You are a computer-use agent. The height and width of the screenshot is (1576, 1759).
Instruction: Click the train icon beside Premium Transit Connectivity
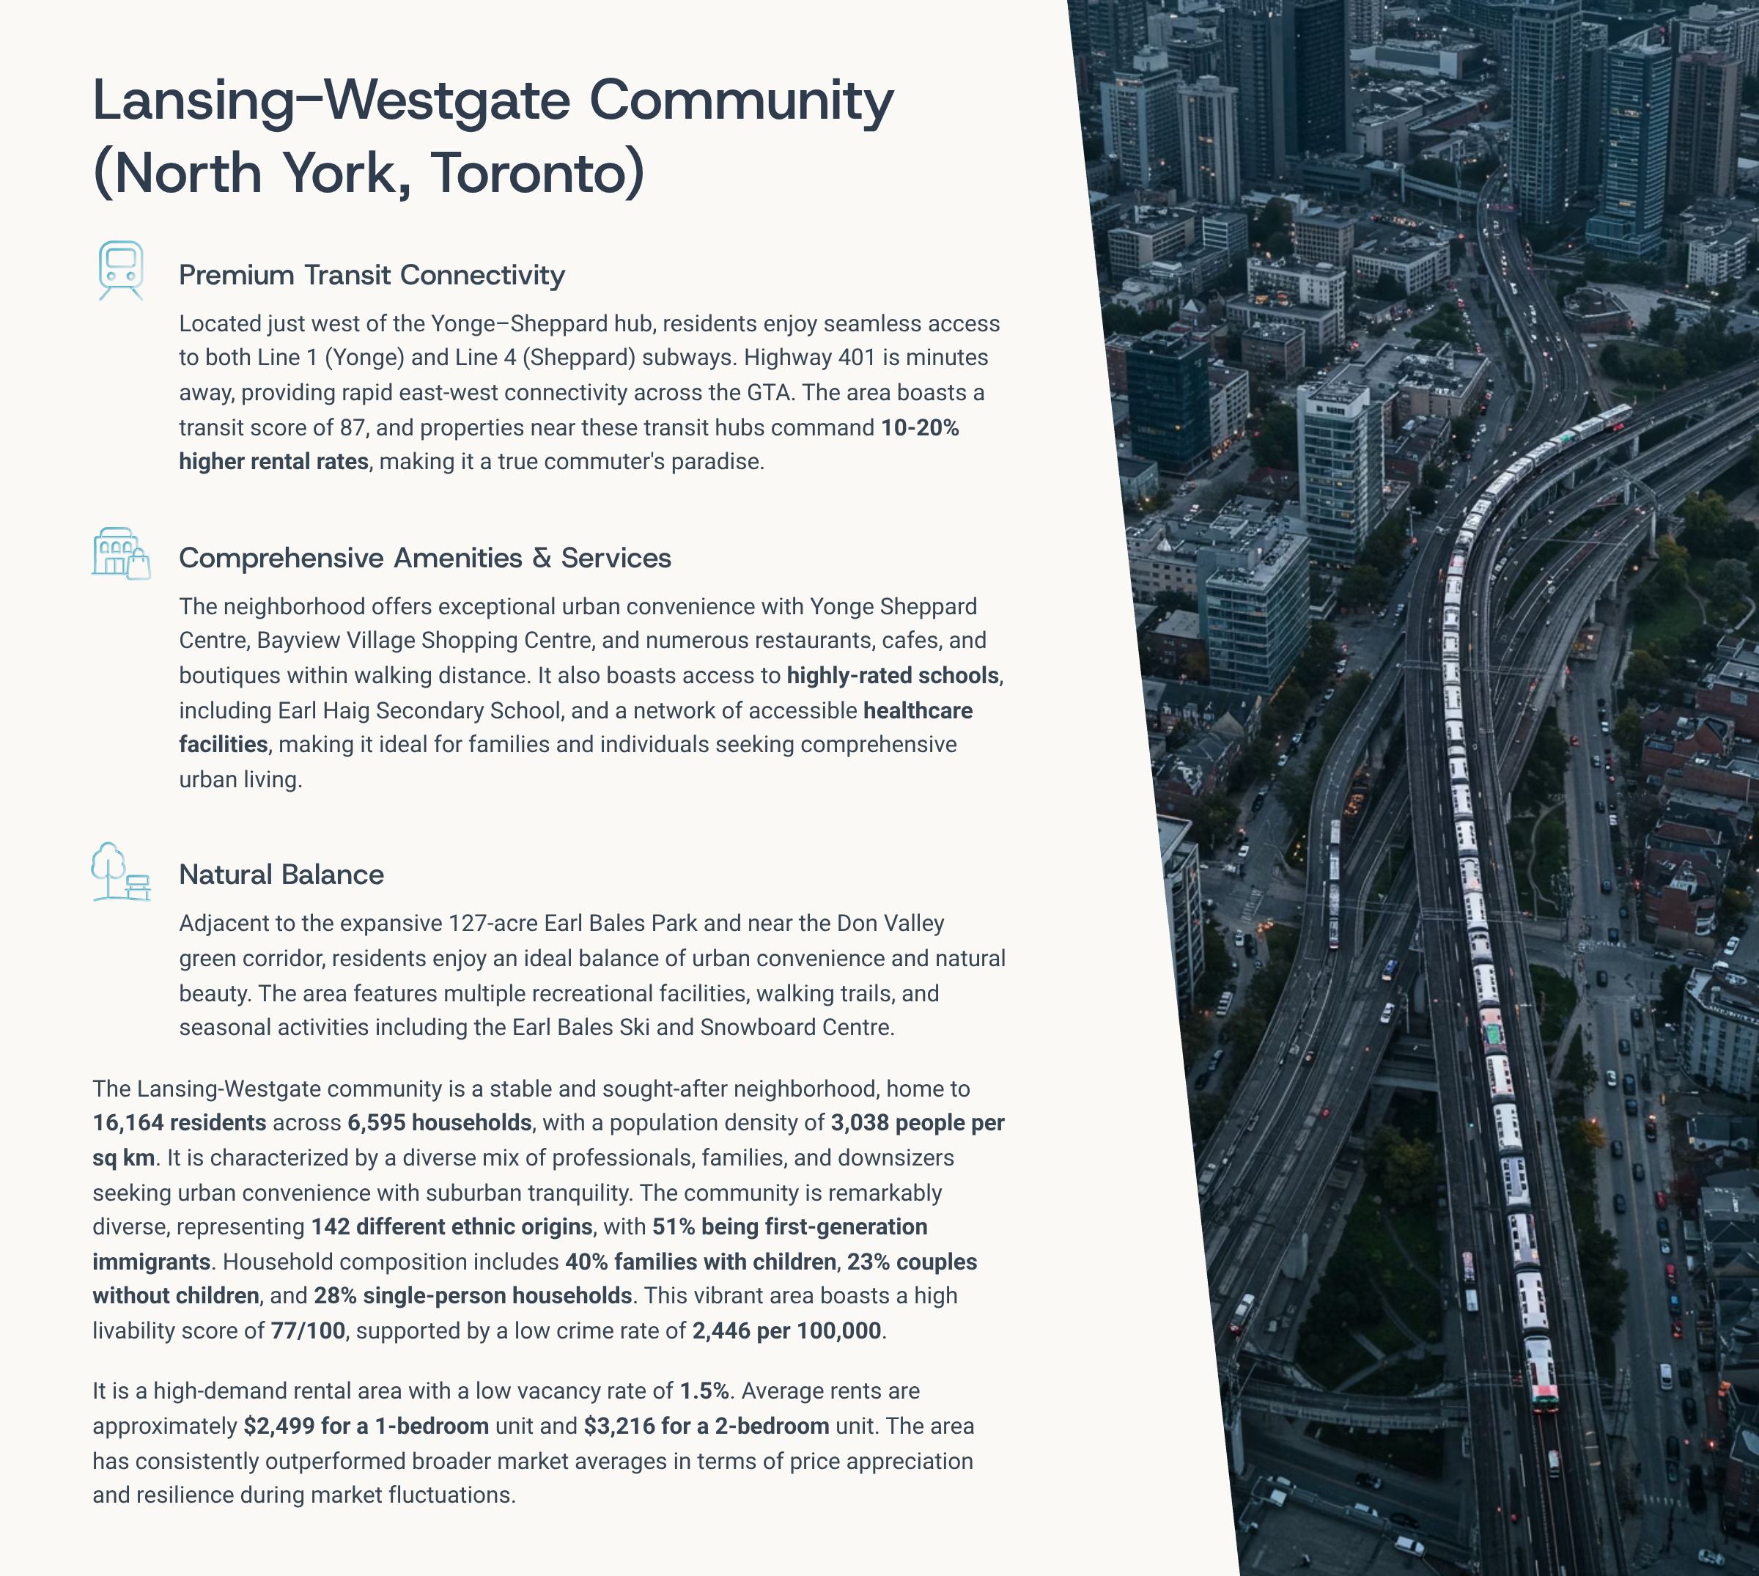pos(120,269)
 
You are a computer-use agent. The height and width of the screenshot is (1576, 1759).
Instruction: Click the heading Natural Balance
pos(281,874)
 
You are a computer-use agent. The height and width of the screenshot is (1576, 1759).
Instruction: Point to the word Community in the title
pos(741,100)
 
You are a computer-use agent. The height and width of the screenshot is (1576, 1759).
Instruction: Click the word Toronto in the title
pos(536,173)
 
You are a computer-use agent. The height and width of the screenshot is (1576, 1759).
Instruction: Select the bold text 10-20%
pos(919,428)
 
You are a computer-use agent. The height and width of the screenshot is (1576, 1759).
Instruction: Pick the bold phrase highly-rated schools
pos(893,675)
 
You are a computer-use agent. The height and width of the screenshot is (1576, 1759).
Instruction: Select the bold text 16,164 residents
pos(179,1123)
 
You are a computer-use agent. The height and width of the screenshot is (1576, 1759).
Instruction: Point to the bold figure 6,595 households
pos(439,1123)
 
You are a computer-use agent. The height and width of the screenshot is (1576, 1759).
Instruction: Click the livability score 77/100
pos(308,1331)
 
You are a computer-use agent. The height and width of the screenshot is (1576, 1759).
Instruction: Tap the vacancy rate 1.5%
pos(704,1391)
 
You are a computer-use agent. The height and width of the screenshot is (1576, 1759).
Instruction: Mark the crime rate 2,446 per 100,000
pos(786,1331)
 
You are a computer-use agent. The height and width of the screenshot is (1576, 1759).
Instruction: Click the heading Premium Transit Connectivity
pos(372,276)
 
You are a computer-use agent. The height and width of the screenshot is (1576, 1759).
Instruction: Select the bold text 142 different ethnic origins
pos(451,1227)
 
